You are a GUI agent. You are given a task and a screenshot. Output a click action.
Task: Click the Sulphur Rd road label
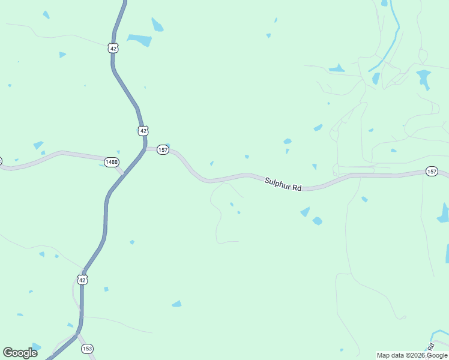pyautogui.click(x=283, y=184)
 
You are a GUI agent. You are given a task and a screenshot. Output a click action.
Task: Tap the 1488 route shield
pyautogui.click(x=111, y=162)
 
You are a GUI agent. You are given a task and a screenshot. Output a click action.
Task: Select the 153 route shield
pyautogui.click(x=88, y=349)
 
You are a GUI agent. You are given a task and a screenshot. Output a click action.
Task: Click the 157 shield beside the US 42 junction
pyautogui.click(x=163, y=149)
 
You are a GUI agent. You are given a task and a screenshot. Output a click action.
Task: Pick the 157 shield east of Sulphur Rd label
pyautogui.click(x=432, y=172)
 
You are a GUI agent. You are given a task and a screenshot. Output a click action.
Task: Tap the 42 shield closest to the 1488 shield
pyautogui.click(x=142, y=130)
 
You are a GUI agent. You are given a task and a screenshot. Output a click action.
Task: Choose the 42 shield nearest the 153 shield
pyautogui.click(x=83, y=279)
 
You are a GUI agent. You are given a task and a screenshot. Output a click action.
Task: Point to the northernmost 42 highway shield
pyautogui.click(x=113, y=48)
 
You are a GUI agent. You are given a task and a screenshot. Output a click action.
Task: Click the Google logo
pyautogui.click(x=20, y=353)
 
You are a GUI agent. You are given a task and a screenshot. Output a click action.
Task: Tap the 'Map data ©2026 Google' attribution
pyautogui.click(x=412, y=355)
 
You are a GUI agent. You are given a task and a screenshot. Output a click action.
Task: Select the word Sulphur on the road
pyautogui.click(x=277, y=182)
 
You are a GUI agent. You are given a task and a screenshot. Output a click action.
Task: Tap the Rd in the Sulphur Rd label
pyautogui.click(x=297, y=187)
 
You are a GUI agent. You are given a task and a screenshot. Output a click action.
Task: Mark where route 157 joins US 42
pyautogui.click(x=145, y=148)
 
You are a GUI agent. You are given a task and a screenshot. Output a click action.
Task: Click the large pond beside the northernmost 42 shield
pyautogui.click(x=140, y=40)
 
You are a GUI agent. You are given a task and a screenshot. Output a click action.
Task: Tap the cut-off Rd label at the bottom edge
pyautogui.click(x=430, y=347)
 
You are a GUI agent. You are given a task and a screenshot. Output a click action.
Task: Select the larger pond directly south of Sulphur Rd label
pyautogui.click(x=306, y=211)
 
